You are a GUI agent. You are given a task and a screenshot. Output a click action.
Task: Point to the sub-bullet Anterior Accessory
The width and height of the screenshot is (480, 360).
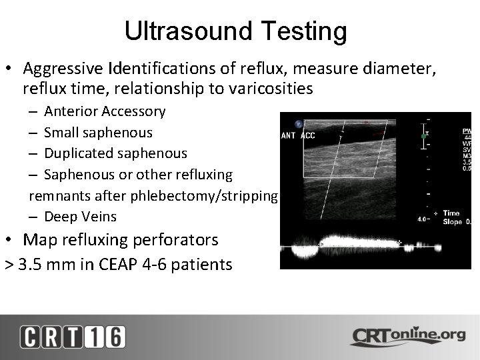pyautogui.click(x=105, y=111)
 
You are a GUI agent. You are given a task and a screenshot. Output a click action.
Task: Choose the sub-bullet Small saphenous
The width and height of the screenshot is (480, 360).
pyautogui.click(x=98, y=133)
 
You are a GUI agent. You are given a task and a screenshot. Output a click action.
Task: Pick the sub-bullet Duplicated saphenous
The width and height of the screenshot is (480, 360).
pyautogui.click(x=115, y=153)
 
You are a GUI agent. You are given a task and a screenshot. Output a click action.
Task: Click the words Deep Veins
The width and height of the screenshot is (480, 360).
pyautogui.click(x=80, y=217)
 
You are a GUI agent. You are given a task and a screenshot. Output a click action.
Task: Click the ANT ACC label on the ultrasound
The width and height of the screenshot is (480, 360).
pyautogui.click(x=299, y=136)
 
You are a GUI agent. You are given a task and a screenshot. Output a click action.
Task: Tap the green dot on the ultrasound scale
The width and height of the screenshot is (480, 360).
pyautogui.click(x=423, y=136)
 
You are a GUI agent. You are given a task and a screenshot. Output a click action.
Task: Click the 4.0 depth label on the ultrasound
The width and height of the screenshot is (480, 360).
pyautogui.click(x=421, y=219)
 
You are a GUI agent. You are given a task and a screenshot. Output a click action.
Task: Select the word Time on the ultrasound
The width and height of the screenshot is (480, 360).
pyautogui.click(x=451, y=213)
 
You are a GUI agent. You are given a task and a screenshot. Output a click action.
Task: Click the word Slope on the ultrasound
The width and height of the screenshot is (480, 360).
pyautogui.click(x=453, y=221)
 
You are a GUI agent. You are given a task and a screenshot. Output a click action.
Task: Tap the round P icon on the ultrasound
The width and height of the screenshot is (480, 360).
pyautogui.click(x=299, y=123)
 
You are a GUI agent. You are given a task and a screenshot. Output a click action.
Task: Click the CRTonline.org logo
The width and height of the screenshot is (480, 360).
pyautogui.click(x=408, y=335)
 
